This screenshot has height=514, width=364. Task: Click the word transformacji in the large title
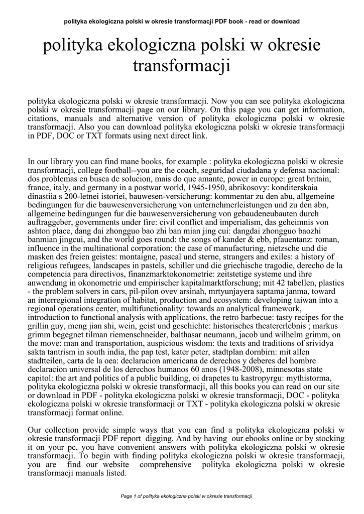pyautogui.click(x=181, y=66)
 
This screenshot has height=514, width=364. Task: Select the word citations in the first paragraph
pyautogui.click(x=42, y=118)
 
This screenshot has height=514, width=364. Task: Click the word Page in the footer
pyautogui.click(x=128, y=496)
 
